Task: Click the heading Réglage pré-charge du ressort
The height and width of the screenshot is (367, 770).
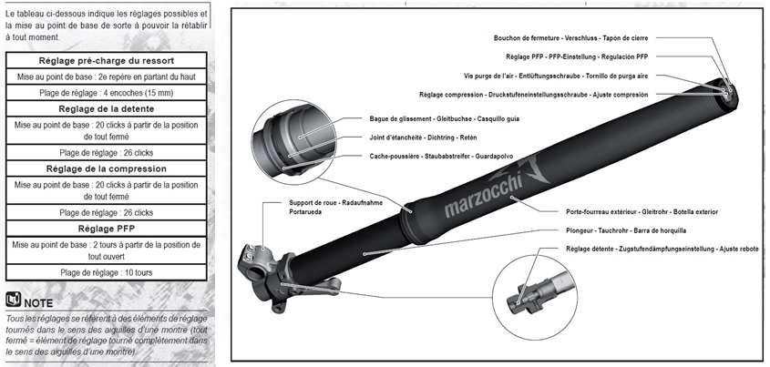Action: coord(108,60)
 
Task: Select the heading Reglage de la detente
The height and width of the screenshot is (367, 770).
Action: coord(108,108)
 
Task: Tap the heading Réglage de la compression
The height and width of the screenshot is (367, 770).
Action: coord(108,168)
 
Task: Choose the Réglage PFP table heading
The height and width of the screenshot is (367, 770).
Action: coord(108,228)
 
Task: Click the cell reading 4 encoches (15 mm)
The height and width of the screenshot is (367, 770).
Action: coord(108,93)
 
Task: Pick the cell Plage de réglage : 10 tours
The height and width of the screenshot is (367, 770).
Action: coord(108,272)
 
